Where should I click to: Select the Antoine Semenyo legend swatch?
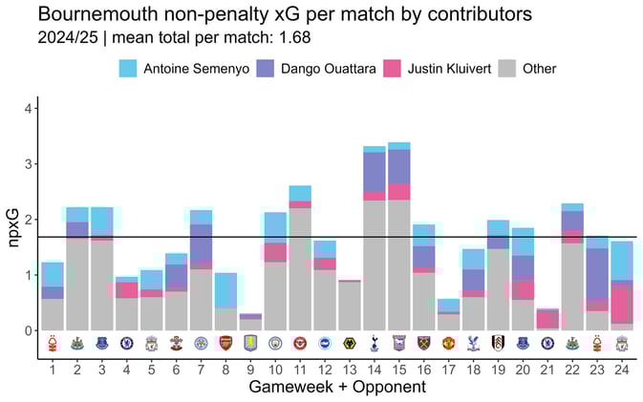tap(128, 68)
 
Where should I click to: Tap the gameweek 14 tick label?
tap(375, 369)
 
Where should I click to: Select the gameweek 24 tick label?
tap(622, 369)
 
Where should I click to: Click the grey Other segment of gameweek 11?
tap(300, 267)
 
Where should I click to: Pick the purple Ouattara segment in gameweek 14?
tap(375, 172)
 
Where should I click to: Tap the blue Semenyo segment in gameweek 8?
tap(225, 289)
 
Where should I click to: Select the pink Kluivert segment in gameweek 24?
tap(622, 306)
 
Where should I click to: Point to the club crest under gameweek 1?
tap(53, 344)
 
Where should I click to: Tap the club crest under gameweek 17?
tap(449, 344)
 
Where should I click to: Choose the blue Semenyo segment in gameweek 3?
tap(102, 221)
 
